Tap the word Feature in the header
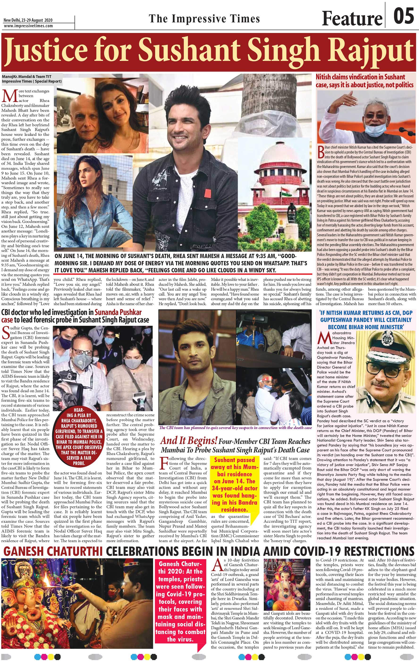click(352, 19)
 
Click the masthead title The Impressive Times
click(204, 19)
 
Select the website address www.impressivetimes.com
click(28, 26)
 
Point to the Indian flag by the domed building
click(285, 192)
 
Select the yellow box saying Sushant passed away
click(234, 484)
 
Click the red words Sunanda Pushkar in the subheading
click(118, 312)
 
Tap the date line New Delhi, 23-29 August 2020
click(28, 20)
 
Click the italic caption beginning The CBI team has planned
click(235, 428)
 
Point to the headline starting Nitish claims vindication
click(364, 81)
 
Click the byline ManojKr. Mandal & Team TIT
click(27, 77)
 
